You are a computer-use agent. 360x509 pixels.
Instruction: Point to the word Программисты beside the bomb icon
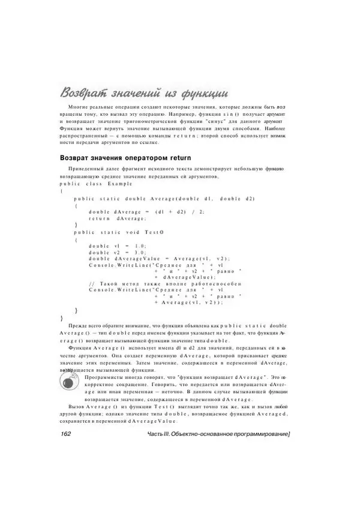tap(103, 376)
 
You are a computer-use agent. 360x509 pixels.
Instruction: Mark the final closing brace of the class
tap(61, 317)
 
